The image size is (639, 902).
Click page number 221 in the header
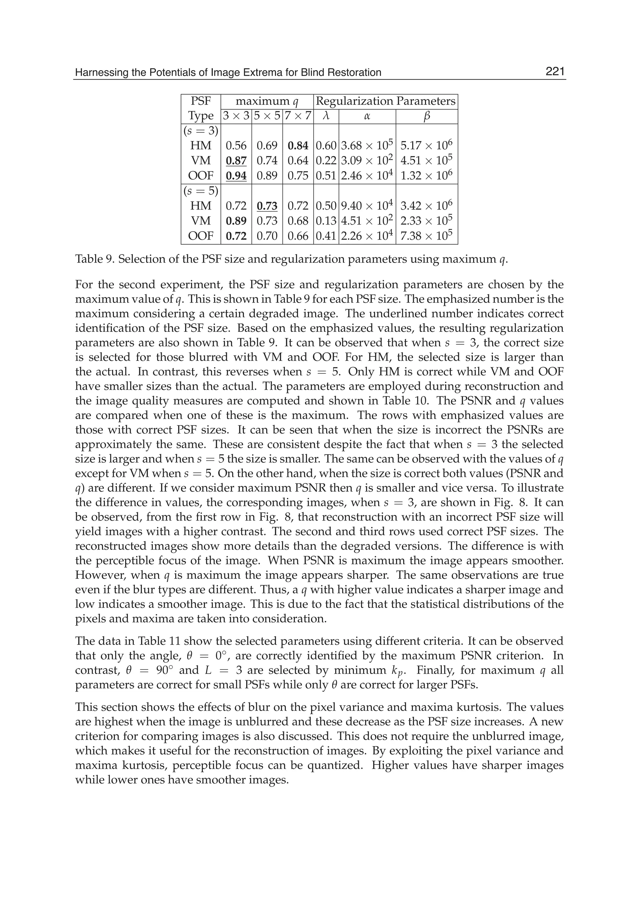point(555,72)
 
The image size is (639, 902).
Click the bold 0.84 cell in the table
point(298,146)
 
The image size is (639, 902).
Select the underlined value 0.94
point(236,176)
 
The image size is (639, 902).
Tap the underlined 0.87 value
point(236,161)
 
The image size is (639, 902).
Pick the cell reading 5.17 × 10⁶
point(427,146)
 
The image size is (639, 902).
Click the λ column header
point(326,116)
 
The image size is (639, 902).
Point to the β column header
point(427,116)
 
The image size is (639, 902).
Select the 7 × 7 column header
point(298,116)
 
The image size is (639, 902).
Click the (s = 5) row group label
point(201,191)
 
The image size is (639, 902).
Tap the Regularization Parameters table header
point(386,101)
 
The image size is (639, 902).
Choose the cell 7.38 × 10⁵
point(427,235)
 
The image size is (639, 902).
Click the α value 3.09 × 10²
point(367,161)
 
